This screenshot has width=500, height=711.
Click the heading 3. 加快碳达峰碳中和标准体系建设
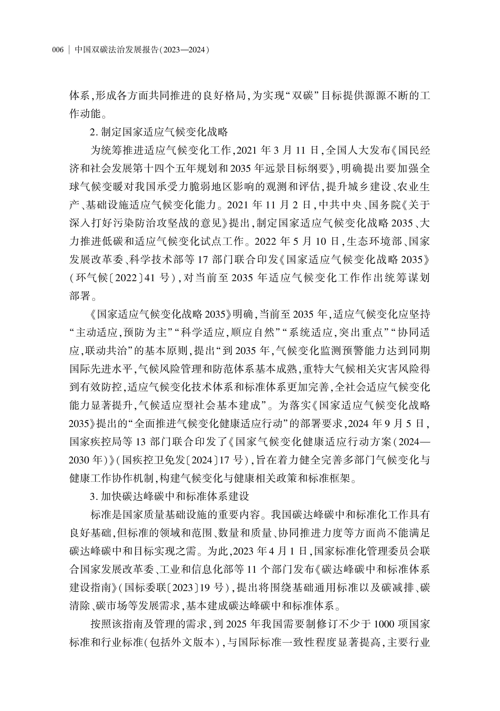pos(169,496)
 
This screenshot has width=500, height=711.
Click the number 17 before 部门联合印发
pos(202,260)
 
